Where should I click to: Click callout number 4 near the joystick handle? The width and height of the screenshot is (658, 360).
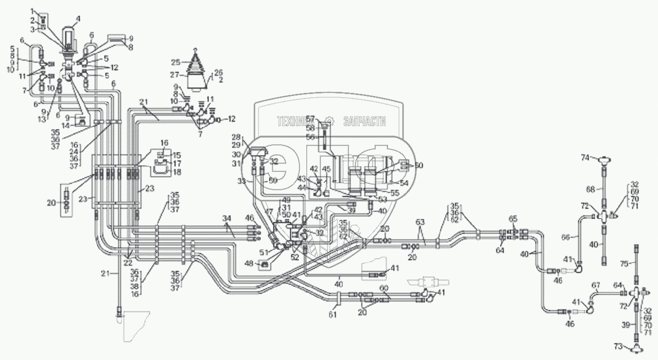pos(78,19)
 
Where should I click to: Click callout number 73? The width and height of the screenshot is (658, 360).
pos(618,347)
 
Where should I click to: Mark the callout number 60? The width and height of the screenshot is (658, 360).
pos(385,287)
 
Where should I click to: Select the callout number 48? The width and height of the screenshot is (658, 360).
pos(248,263)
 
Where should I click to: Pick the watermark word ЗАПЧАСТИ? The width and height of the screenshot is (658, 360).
pos(364,121)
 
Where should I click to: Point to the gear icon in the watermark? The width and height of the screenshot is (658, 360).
pos(330,121)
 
